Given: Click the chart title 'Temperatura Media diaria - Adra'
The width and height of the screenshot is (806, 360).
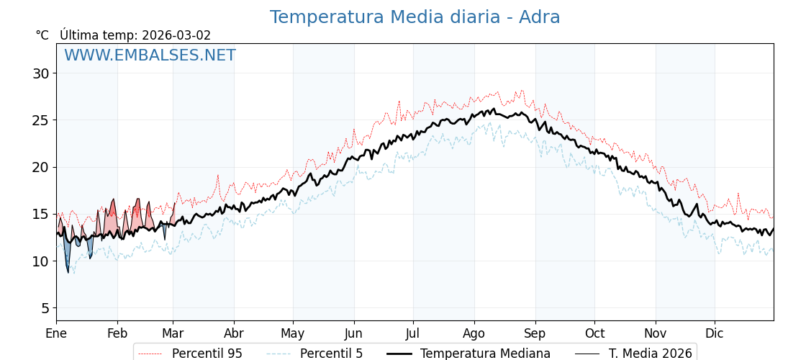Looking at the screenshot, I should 415,17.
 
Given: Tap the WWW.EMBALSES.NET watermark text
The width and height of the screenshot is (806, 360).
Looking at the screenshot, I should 150,55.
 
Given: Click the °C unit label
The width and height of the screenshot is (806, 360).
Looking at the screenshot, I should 42,35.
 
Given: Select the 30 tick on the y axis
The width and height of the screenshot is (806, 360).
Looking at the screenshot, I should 40,73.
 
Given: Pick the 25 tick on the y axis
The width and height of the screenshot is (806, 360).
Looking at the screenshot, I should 40,120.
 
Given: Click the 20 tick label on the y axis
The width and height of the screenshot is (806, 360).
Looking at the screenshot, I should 40,167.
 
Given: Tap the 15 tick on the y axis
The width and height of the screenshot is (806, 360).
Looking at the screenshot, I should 40,214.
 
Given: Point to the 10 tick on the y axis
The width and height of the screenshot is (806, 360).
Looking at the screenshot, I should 40,261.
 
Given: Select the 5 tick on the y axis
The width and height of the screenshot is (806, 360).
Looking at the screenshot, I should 45,308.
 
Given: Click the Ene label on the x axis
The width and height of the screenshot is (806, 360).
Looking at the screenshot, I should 56,333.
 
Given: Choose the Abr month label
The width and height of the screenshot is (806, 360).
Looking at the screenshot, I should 234,333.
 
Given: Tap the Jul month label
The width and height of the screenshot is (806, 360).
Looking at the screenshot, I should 413,333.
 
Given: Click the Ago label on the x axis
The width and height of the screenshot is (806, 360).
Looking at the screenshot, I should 474,333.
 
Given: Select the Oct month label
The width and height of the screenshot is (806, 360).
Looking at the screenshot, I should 594,333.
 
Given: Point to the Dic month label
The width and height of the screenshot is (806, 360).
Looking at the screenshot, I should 715,333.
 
